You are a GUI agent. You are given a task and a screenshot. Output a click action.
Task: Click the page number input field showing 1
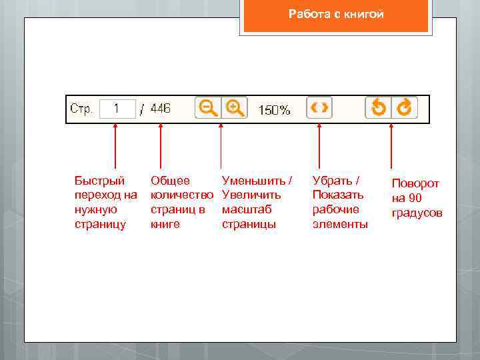coord(117,109)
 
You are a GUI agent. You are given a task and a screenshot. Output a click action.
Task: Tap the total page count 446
coord(161,109)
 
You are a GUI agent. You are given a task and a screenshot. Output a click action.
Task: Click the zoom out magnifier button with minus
coord(207,108)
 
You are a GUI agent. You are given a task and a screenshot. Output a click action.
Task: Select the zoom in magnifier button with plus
coord(234,108)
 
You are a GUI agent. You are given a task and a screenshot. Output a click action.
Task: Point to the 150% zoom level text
coord(275,110)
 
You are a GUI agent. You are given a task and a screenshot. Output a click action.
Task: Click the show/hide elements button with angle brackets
coord(319,108)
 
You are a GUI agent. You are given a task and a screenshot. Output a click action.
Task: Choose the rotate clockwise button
coord(404,108)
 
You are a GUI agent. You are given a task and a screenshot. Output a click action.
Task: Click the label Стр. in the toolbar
coord(81,109)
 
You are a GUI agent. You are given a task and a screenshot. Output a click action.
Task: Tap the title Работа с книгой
coord(336,15)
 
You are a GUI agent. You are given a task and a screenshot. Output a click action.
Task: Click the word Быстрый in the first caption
coord(99,181)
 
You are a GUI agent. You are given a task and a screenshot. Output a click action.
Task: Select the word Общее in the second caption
coord(170,181)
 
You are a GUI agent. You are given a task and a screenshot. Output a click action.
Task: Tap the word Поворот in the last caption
coord(415,183)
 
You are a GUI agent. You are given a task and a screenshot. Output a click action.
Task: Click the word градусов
coord(417,213)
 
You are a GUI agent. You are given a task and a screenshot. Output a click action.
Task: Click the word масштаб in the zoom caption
coord(247,209)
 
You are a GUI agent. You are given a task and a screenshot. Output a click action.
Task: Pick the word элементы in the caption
coord(340,224)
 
